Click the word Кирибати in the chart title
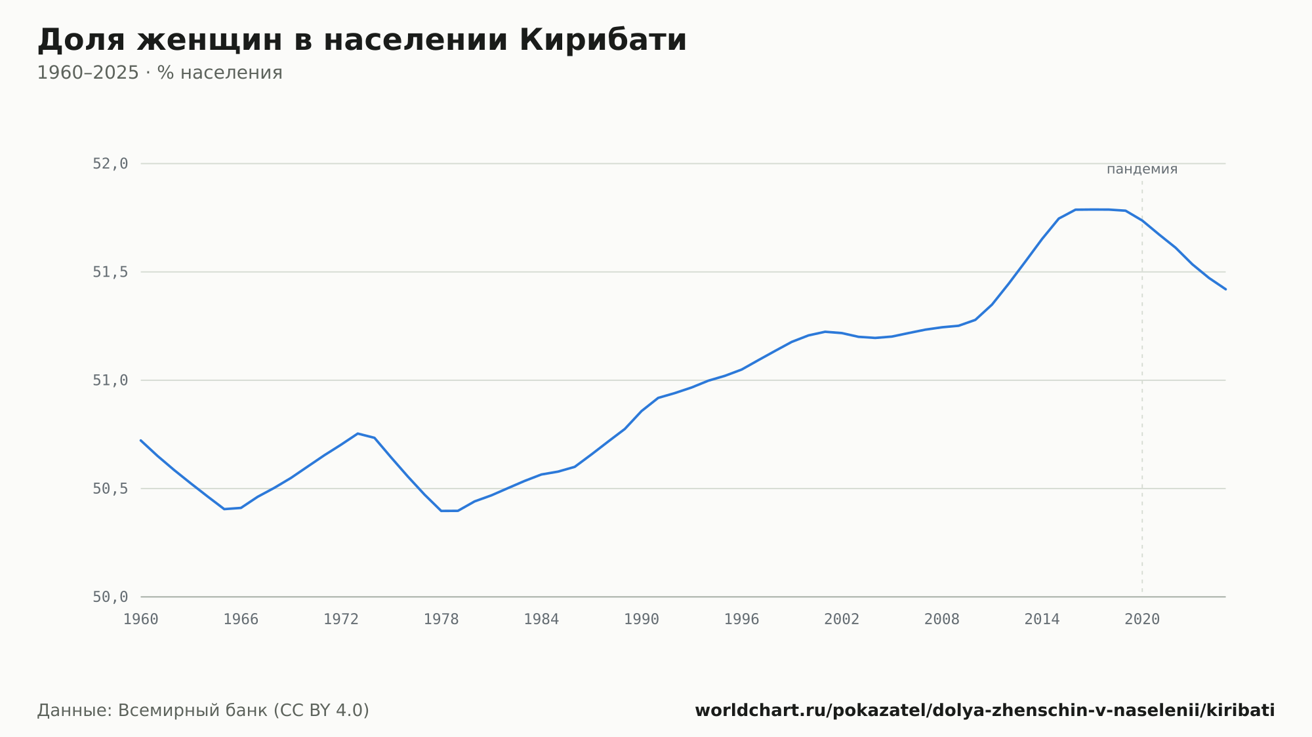coord(603,40)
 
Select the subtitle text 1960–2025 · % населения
coord(159,73)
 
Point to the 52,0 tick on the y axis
coord(110,164)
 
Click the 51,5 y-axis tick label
coord(110,272)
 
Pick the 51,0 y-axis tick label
coord(110,380)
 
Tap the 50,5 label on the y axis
coord(110,488)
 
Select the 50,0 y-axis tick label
coord(110,597)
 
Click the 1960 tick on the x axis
coord(141,620)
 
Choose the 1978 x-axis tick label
coord(441,620)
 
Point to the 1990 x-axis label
coord(642,620)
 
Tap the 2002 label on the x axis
coord(842,620)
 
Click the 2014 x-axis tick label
coord(1042,620)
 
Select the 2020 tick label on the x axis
coord(1142,620)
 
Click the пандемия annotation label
coord(1142,169)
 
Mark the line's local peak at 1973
coord(358,433)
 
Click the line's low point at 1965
coord(224,509)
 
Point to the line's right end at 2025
coord(1225,289)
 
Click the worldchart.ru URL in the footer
coord(985,711)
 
